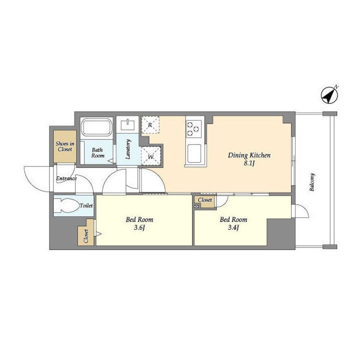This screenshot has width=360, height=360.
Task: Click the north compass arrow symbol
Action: [x=329, y=95]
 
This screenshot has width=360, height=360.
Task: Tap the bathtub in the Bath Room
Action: [x=96, y=127]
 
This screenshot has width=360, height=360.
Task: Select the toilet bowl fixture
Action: [x=66, y=205]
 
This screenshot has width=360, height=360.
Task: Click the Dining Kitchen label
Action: [x=249, y=155]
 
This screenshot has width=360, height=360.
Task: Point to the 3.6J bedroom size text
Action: [x=139, y=228]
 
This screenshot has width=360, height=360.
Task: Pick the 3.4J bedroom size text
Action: [x=233, y=228]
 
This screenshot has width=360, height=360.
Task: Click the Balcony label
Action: [x=312, y=182]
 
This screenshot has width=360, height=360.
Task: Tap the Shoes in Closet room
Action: [x=65, y=146]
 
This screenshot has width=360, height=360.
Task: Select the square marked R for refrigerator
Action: [x=150, y=125]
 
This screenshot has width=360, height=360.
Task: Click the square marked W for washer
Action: [x=150, y=156]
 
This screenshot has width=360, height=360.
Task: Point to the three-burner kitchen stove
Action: [x=193, y=129]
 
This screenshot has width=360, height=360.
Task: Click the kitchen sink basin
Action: [x=194, y=153]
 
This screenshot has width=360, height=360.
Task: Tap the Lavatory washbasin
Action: [x=127, y=124]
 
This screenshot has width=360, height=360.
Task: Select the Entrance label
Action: [x=66, y=178]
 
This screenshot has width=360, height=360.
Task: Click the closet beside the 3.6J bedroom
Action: [x=86, y=233]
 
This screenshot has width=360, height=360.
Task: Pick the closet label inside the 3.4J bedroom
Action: [x=205, y=199]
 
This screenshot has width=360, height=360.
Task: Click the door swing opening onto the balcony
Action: [x=301, y=211]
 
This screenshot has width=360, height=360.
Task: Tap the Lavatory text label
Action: [x=128, y=149]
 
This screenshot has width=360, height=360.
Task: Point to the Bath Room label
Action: [x=98, y=153]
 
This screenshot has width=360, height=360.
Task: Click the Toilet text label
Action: [x=86, y=205]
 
